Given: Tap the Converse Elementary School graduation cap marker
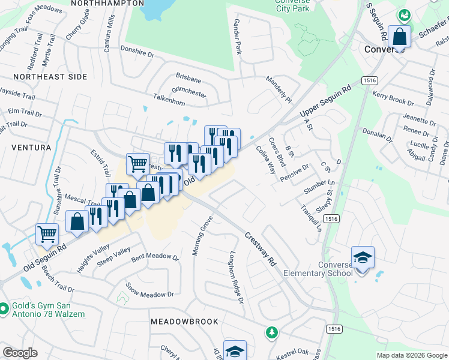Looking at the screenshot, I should [x=363, y=257].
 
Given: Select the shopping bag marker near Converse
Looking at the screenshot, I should [x=399, y=37].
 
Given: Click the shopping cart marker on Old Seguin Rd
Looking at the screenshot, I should [x=47, y=235].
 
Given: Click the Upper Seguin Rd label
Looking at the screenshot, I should [x=325, y=100].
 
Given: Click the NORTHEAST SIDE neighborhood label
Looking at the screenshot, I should [x=50, y=77].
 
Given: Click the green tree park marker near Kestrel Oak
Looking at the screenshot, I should [x=272, y=331].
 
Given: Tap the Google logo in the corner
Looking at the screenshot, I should [x=20, y=353].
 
